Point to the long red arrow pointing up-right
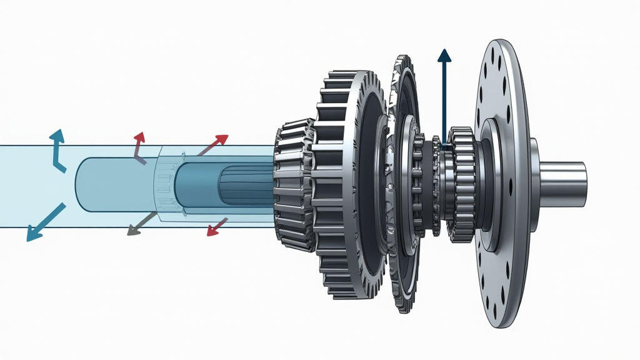coord(213,144)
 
